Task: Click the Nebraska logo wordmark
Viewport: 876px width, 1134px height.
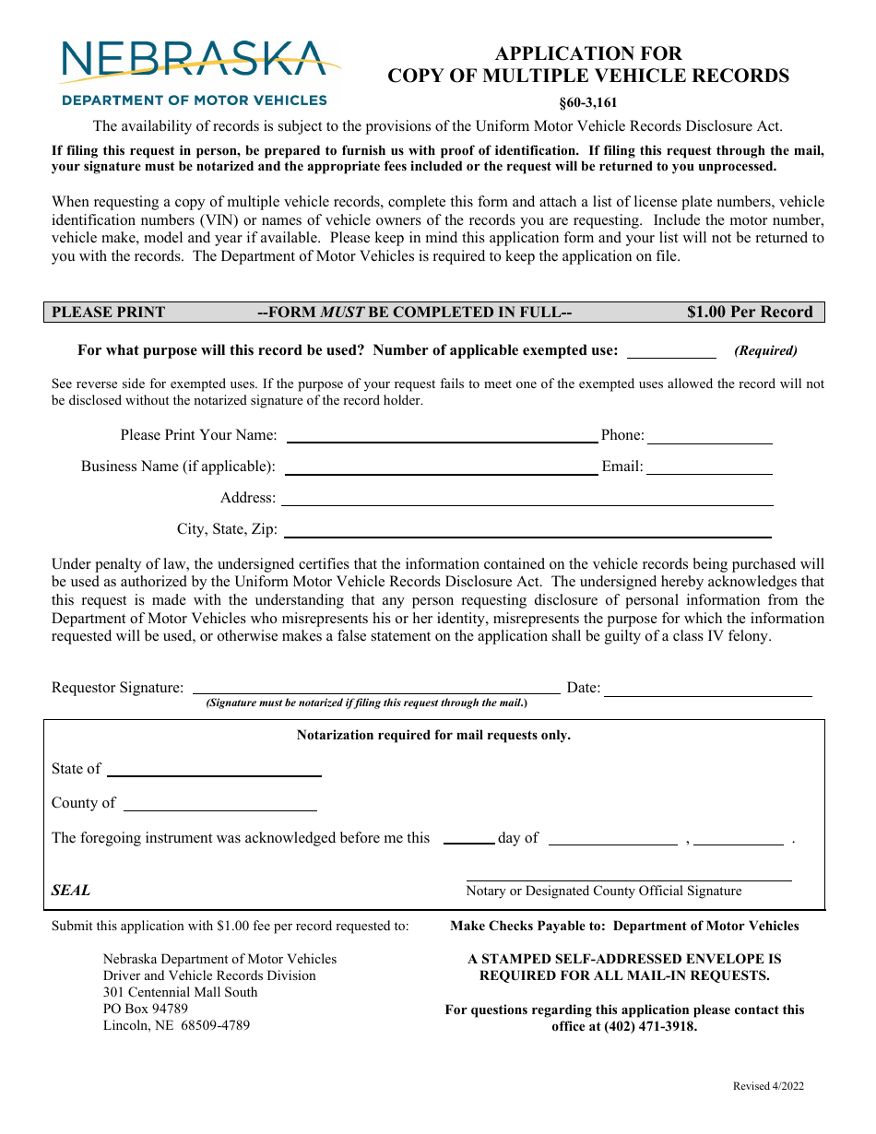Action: [194, 60]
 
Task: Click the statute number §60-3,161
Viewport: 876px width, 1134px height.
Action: [587, 103]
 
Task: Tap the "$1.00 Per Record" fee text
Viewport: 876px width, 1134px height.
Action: [750, 312]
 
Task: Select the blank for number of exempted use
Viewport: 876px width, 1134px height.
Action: [671, 351]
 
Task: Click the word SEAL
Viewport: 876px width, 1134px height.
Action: [71, 891]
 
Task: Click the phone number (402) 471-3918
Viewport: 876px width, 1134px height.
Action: [651, 1026]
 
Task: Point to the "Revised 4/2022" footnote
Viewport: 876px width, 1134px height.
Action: [768, 1086]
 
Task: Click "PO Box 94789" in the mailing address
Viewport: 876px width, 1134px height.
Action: [146, 1009]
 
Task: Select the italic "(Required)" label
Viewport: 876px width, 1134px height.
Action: [765, 350]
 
